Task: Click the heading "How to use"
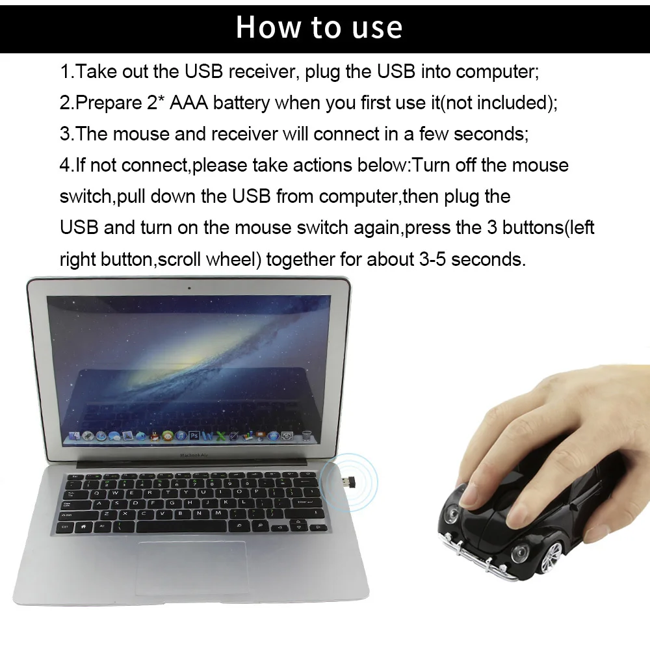[x=318, y=27]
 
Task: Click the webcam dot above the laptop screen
[x=188, y=287]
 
